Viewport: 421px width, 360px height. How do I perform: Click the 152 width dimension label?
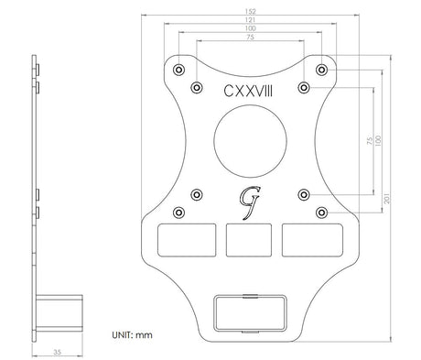(250, 12)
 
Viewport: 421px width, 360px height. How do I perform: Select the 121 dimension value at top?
(250, 20)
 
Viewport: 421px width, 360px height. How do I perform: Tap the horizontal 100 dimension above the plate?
(250, 28)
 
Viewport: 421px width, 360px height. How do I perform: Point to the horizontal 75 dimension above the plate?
(250, 38)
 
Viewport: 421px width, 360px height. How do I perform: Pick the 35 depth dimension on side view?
(58, 352)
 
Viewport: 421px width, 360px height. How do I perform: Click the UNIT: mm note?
(132, 335)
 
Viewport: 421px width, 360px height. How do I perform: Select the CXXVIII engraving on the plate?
(248, 91)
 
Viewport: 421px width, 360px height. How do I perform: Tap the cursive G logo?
(249, 202)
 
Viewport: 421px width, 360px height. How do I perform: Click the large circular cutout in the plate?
(250, 141)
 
